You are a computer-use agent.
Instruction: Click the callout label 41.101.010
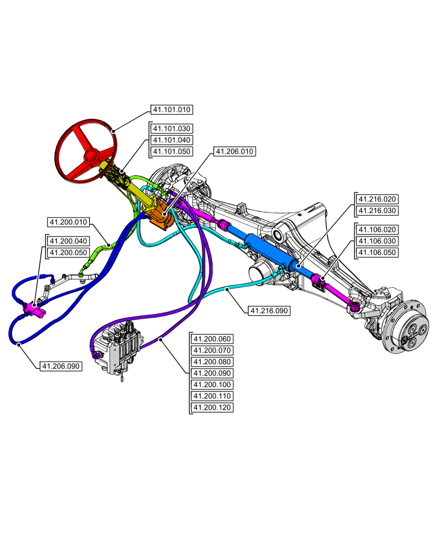click(x=171, y=109)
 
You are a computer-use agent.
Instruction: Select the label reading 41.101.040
click(x=171, y=140)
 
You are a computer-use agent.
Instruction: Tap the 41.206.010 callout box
click(x=234, y=152)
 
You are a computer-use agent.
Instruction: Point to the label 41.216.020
click(x=377, y=199)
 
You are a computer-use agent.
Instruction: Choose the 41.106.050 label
click(x=377, y=252)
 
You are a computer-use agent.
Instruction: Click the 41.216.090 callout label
click(x=269, y=310)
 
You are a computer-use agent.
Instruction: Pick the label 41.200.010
click(x=69, y=222)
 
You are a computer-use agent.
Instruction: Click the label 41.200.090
click(x=212, y=373)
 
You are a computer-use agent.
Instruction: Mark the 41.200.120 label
click(x=212, y=407)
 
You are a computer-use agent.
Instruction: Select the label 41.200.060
click(x=212, y=339)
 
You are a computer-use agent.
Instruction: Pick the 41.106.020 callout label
click(x=377, y=230)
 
